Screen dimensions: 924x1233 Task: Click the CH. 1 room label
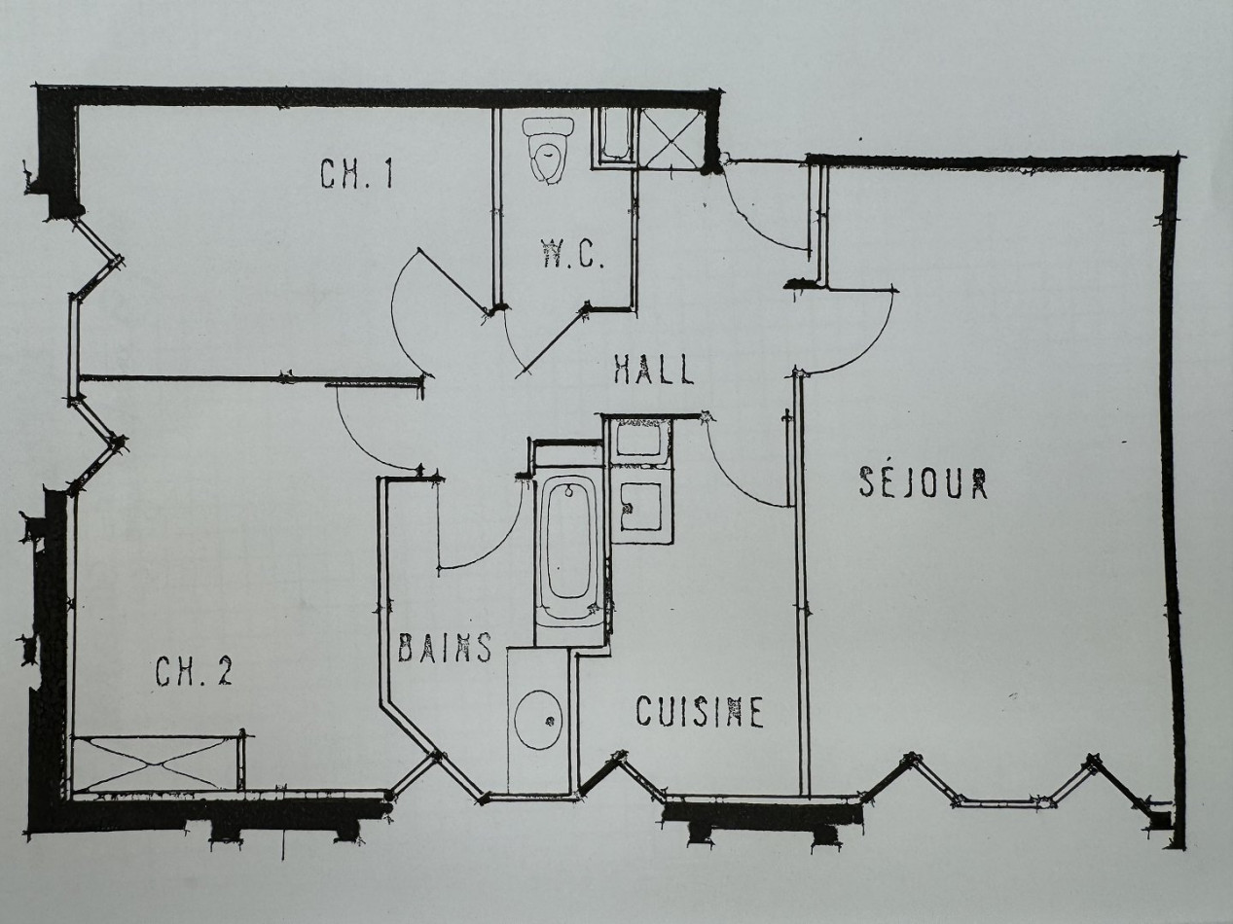point(356,174)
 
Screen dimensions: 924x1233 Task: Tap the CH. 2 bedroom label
point(194,672)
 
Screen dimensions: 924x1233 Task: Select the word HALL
point(654,370)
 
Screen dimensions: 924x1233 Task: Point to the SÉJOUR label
point(924,482)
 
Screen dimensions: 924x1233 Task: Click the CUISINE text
point(700,712)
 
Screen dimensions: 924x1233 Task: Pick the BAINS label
point(445,648)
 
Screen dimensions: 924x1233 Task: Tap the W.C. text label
point(573,257)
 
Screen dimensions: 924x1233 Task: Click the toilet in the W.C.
point(549,149)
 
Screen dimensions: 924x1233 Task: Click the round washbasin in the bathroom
point(538,720)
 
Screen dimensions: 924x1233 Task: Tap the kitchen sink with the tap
point(640,506)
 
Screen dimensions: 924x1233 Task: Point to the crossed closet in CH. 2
point(155,764)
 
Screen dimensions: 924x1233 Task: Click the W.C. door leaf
point(555,340)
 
